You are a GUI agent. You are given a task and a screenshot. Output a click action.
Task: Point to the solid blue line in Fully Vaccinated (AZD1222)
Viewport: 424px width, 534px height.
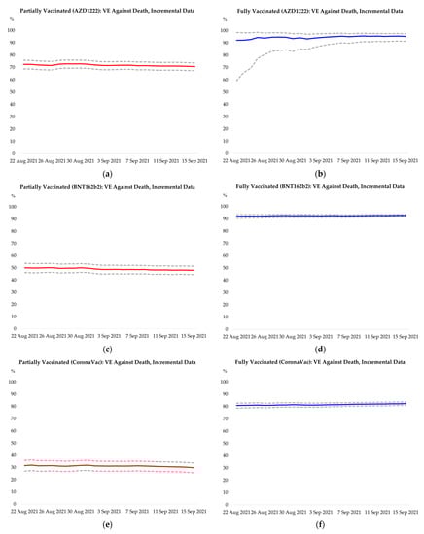(321, 37)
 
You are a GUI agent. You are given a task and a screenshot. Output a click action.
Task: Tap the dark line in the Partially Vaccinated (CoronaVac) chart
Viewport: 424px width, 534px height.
(107, 466)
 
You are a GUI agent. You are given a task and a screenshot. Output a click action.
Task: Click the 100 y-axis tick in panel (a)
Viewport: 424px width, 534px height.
(12, 30)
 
